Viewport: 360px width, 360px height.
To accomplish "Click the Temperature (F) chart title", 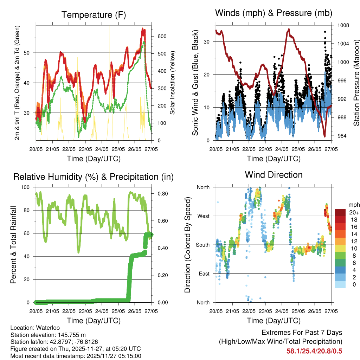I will [x=94, y=15].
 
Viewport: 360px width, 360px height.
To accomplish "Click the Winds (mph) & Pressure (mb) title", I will [x=274, y=13].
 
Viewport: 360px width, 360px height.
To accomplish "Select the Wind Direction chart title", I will [x=274, y=174].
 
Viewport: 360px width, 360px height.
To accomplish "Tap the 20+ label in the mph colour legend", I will [x=353, y=212].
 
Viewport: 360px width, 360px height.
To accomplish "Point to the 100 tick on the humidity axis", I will [x=26, y=187].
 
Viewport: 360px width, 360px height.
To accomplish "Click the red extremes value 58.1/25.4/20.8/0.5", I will [x=314, y=351].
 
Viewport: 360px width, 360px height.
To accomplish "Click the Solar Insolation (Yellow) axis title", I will [x=173, y=83].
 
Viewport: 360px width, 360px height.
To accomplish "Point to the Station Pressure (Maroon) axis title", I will [x=356, y=83].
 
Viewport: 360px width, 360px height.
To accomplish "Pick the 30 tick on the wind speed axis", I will [x=207, y=42].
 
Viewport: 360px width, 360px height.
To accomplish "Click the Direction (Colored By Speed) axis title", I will [x=187, y=245].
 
